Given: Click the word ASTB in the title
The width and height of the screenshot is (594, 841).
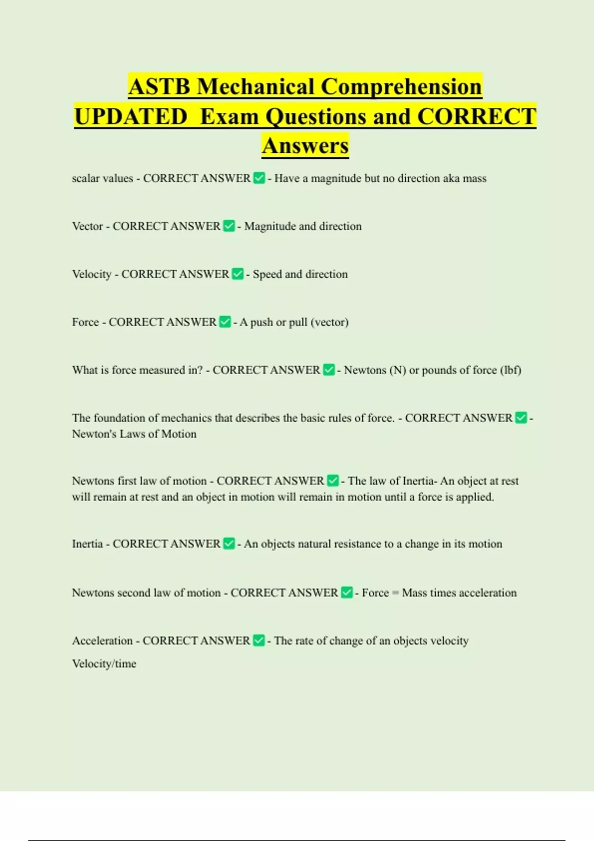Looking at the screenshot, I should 159,87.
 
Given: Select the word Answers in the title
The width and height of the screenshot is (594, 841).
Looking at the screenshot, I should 305,146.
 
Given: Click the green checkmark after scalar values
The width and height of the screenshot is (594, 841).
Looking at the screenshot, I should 259,178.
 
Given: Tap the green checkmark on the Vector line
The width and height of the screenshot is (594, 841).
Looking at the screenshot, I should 229,226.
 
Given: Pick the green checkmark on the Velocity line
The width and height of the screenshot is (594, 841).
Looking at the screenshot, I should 238,274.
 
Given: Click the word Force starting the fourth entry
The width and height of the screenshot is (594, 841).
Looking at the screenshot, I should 86,322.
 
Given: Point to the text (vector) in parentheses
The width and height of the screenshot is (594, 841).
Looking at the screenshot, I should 330,322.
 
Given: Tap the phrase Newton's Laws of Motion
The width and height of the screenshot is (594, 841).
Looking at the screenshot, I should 134,434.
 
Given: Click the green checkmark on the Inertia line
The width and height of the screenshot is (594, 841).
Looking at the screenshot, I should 229,544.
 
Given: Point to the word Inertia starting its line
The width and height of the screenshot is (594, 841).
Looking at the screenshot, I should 87,544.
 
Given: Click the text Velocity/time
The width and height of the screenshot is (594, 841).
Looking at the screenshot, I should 104,663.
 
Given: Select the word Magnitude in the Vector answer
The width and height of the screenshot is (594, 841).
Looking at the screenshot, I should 270,226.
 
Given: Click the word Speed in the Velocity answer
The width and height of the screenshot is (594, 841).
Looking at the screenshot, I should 267,274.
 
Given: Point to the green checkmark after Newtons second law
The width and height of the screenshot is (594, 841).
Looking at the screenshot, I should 347,593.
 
